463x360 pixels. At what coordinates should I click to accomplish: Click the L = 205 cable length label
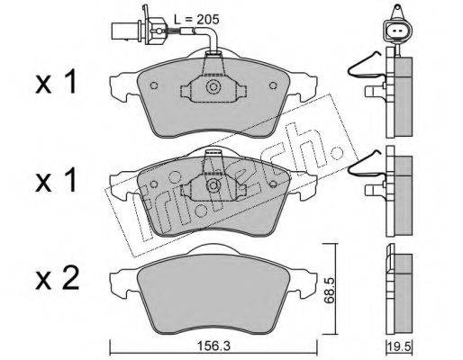click(x=196, y=20)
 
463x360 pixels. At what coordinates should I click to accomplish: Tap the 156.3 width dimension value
click(x=213, y=346)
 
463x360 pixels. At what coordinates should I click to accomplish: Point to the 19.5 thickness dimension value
click(x=400, y=346)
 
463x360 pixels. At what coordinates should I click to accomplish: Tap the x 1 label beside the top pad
click(x=56, y=82)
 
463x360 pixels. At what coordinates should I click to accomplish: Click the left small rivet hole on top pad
click(x=154, y=85)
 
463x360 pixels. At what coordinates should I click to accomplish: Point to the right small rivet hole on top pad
click(x=273, y=85)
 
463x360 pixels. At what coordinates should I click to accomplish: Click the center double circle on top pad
click(x=213, y=87)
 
